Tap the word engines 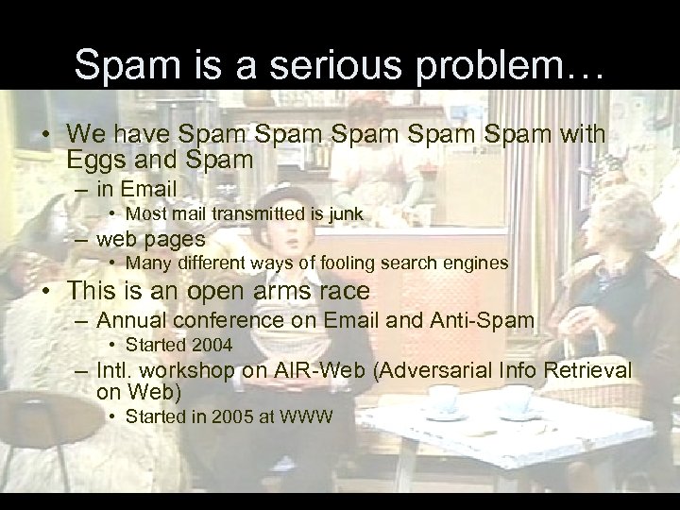pyautogui.click(x=475, y=262)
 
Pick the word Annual pyautogui.click(x=128, y=320)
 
